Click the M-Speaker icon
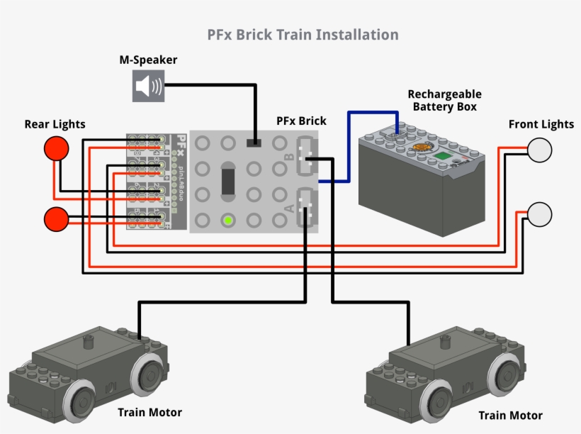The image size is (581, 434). click(148, 87)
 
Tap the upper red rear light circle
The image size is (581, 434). click(57, 149)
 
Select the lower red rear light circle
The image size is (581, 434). click(57, 219)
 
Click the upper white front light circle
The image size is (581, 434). click(540, 150)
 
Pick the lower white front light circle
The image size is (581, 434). click(540, 214)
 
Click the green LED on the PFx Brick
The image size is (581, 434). click(227, 220)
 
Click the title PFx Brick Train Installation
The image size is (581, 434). click(303, 34)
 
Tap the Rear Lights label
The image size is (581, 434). click(55, 124)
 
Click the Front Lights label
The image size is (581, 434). click(541, 124)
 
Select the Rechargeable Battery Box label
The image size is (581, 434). click(444, 100)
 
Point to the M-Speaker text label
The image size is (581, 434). click(148, 60)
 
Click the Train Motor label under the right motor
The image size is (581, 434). click(510, 415)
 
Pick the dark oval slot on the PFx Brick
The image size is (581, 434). click(227, 181)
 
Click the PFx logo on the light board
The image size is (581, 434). click(181, 141)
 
